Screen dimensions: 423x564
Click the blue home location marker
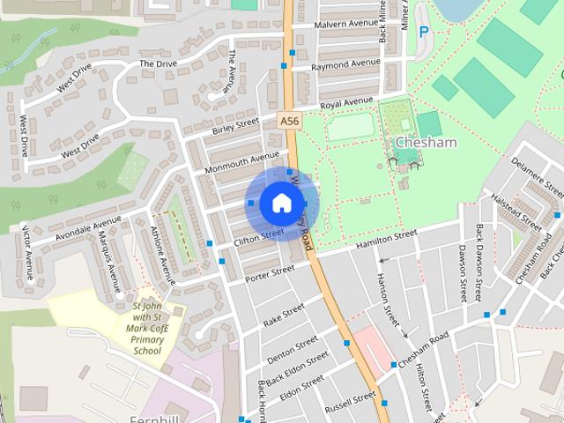[280, 203]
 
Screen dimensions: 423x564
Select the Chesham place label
[426, 143]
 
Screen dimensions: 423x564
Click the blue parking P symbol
[424, 32]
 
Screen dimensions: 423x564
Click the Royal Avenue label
[347, 104]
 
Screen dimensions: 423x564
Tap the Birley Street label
[235, 126]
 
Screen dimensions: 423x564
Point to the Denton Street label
[293, 346]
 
